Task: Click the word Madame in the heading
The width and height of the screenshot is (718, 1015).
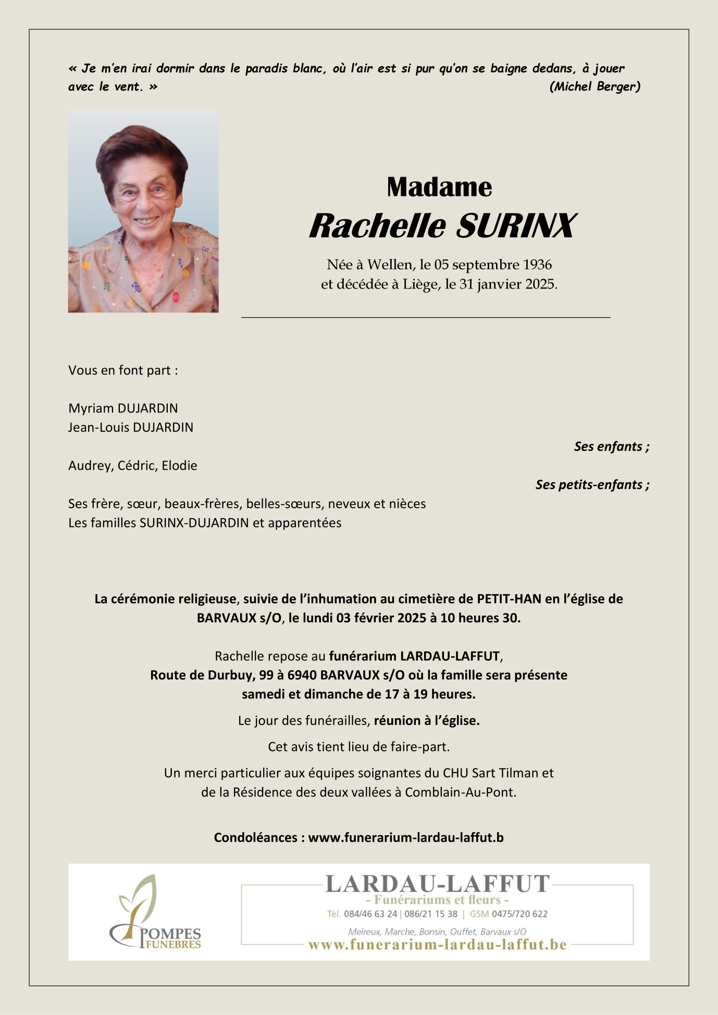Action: click(439, 187)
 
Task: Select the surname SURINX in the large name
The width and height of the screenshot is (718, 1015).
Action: click(516, 226)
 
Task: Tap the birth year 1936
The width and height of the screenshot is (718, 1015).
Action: click(537, 265)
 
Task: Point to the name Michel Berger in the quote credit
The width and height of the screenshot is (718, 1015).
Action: click(595, 86)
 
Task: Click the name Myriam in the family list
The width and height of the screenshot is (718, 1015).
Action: click(91, 408)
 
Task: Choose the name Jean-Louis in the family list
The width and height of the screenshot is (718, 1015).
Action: click(98, 428)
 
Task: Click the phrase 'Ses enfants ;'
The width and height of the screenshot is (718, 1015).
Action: click(611, 446)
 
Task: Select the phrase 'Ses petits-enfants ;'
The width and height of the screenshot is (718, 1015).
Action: click(592, 485)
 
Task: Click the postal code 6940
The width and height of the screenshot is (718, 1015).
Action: click(302, 675)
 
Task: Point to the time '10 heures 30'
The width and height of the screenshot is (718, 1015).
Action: click(480, 618)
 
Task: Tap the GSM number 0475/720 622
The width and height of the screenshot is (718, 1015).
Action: click(519, 914)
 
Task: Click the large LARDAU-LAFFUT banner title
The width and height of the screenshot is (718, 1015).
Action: click(437, 884)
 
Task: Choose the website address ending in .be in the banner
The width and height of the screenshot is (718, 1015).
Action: click(437, 945)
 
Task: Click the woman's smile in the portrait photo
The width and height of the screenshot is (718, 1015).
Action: click(146, 221)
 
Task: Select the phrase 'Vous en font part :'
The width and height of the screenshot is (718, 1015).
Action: click(123, 370)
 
